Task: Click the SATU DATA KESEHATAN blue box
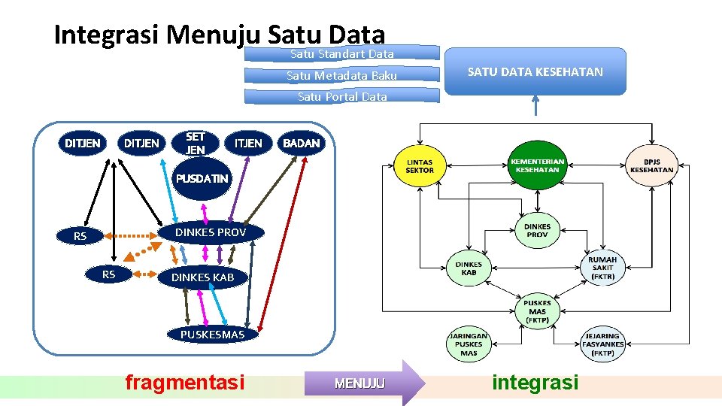(x=535, y=71)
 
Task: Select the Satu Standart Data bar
(x=342, y=53)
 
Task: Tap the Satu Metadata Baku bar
(x=342, y=75)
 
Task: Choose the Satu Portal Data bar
(x=342, y=96)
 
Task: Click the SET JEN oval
(x=196, y=143)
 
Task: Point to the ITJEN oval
(x=248, y=143)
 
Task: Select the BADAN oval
(x=301, y=143)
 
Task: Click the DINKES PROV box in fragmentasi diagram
(x=210, y=232)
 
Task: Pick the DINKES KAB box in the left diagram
(x=202, y=277)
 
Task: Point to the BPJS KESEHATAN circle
(x=651, y=165)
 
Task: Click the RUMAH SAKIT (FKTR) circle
(x=602, y=268)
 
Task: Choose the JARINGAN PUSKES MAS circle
(x=469, y=344)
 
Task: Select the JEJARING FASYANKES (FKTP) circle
(x=602, y=344)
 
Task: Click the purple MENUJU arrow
(x=364, y=383)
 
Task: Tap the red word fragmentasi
(x=185, y=383)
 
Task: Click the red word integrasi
(x=535, y=383)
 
